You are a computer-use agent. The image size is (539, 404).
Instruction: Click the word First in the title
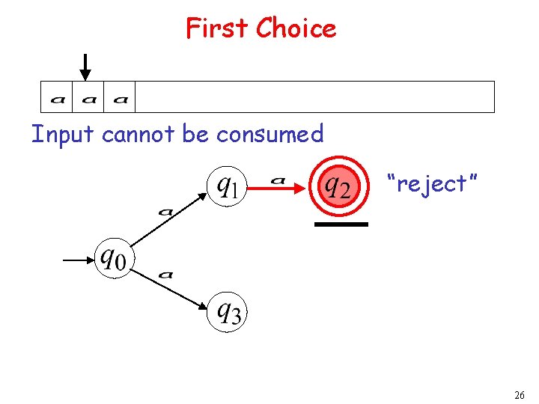tap(218, 28)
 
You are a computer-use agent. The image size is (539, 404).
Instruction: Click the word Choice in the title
tap(296, 28)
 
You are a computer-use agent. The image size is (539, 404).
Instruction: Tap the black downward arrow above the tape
tap(86, 67)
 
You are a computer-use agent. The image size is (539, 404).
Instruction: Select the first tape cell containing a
tap(57, 97)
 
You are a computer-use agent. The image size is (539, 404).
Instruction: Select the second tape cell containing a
tap(88, 97)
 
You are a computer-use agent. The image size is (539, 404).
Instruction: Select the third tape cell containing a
tap(120, 97)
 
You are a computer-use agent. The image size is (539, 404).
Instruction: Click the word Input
tap(63, 135)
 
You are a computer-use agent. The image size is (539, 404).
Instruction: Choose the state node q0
tap(114, 259)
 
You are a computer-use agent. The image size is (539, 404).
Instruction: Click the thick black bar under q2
tap(341, 224)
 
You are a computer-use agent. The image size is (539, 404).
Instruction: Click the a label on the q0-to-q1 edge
tap(166, 212)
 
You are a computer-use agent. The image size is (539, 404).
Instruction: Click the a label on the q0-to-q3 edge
tap(166, 275)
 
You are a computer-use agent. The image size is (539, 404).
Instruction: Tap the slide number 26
tap(520, 394)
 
